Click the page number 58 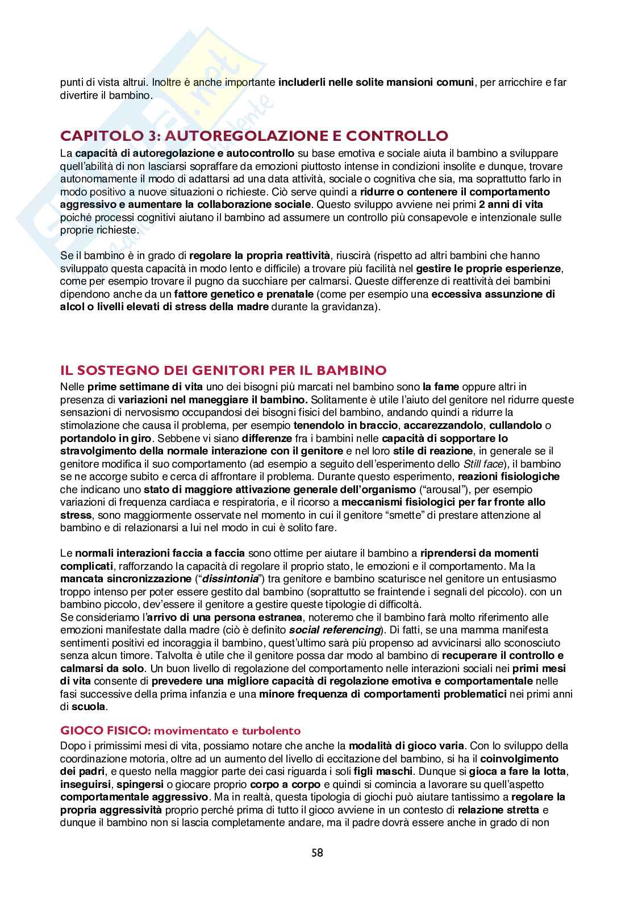317,853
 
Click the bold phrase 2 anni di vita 508,205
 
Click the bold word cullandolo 512,425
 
